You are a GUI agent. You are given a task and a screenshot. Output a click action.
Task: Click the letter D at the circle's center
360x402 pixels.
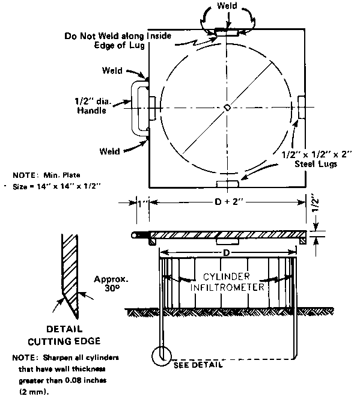pos(227,108)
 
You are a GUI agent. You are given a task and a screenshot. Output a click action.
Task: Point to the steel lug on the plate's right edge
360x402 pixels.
pos(301,107)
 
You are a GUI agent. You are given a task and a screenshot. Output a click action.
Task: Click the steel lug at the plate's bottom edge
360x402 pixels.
pos(227,184)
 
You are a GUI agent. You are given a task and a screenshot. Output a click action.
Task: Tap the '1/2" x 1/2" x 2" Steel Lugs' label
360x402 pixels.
pos(316,159)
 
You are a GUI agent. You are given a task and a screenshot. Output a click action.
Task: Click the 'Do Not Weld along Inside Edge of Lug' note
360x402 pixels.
pos(118,40)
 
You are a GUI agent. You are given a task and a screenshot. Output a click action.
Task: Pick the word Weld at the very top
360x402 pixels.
pos(227,5)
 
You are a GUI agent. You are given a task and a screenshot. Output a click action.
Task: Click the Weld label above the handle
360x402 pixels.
pos(112,70)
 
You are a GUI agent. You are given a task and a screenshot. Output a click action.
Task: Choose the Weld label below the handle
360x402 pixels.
pos(109,151)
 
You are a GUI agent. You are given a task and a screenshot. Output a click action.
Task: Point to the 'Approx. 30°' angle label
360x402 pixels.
pos(111,283)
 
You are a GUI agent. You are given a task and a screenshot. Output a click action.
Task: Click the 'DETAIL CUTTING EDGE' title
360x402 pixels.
pos(64,335)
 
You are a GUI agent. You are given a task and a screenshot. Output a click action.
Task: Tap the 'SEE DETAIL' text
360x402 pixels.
pos(198,365)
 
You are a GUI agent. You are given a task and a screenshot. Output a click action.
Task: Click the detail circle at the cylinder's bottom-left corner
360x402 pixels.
pos(161,356)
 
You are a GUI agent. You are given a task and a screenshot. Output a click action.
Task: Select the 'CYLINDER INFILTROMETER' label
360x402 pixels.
pos(227,282)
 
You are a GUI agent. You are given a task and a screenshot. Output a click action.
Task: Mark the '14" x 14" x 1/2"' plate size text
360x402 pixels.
pos(69,186)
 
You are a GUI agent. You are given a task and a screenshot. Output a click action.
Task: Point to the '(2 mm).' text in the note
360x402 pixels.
pos(34,392)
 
